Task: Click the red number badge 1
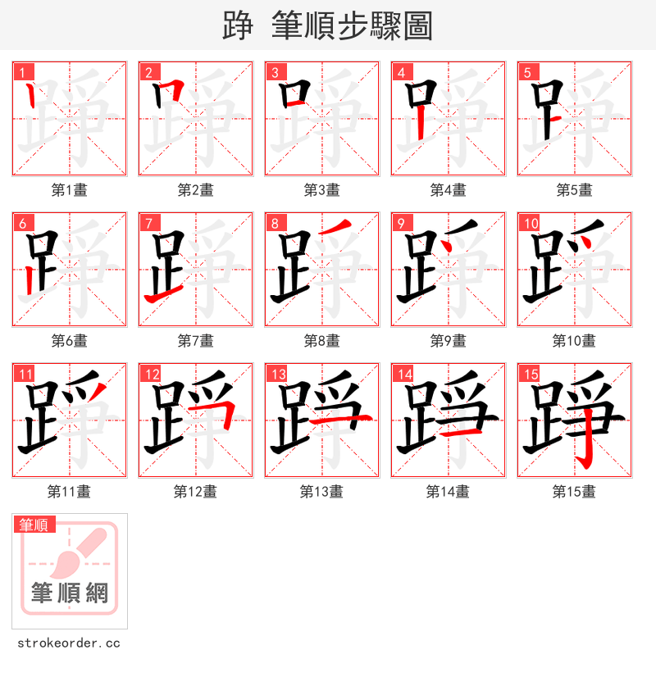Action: pos(20,72)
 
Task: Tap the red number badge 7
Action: pos(147,223)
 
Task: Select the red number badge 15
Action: pos(527,374)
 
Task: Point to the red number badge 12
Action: pos(148,374)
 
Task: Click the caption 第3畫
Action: pos(321,190)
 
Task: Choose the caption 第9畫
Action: pos(448,341)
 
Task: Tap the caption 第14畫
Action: pos(448,492)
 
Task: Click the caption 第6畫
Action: pos(69,341)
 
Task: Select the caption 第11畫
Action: pos(69,492)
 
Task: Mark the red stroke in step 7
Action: pos(163,295)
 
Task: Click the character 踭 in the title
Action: pos(236,25)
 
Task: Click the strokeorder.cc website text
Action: pos(66,643)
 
